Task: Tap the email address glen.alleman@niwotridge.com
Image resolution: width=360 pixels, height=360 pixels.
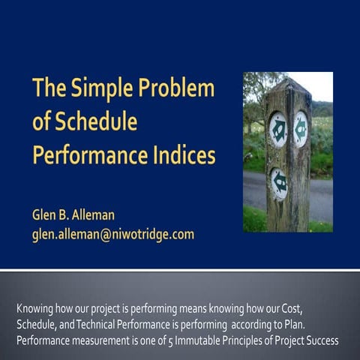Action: click(112, 234)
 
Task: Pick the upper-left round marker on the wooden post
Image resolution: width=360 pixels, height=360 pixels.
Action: click(277, 129)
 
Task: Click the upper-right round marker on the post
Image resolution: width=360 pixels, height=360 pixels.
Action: click(301, 127)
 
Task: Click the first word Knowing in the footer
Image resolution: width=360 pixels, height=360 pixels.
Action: click(36, 308)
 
